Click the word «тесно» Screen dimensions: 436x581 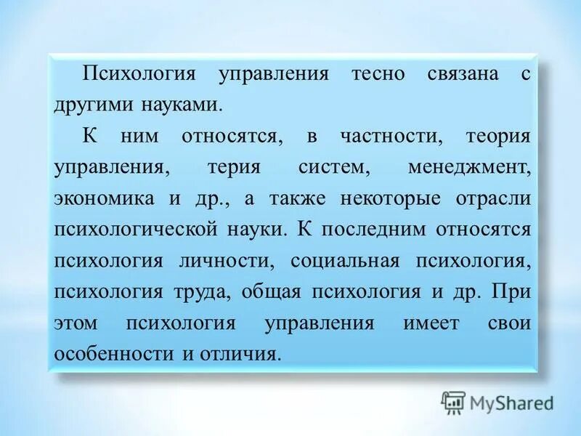377,74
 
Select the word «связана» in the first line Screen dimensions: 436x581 461,74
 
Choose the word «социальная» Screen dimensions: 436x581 346,260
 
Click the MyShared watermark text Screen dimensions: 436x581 511,402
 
